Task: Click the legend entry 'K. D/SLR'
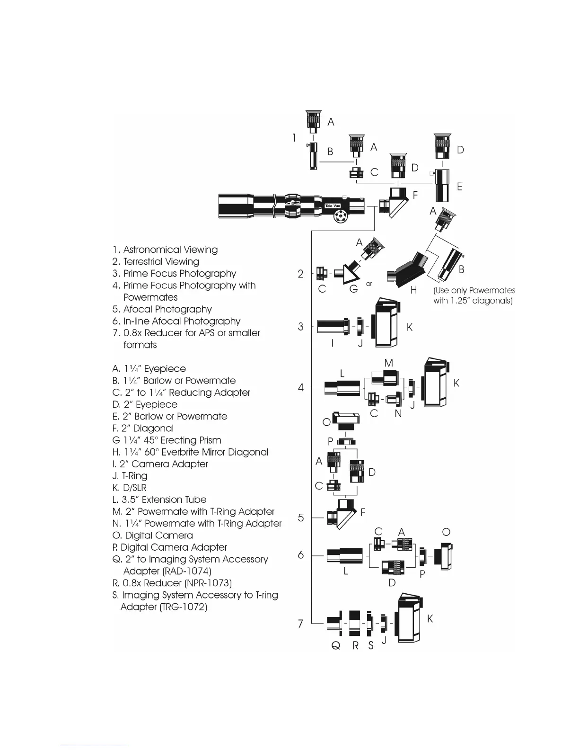[130, 488]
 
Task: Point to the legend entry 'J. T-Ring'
[130, 476]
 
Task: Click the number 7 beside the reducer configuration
[300, 624]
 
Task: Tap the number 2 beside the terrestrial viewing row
[300, 274]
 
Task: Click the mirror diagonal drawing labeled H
[407, 269]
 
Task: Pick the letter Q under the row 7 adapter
[336, 646]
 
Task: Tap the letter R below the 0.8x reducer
[355, 646]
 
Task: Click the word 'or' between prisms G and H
[369, 284]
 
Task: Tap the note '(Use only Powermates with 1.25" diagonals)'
[474, 295]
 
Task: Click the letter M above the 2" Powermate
[389, 363]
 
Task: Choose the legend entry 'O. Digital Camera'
[153, 536]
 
